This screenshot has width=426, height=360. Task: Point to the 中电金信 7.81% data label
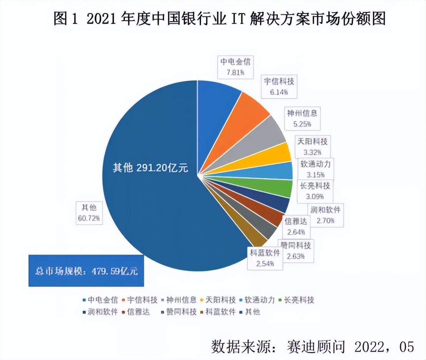coord(235,67)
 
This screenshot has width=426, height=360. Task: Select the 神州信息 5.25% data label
coord(302,118)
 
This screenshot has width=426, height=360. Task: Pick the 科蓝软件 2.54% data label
coord(265,258)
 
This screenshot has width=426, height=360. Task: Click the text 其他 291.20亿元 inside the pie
coord(150,168)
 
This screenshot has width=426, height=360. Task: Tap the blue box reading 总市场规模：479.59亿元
coord(86,271)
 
